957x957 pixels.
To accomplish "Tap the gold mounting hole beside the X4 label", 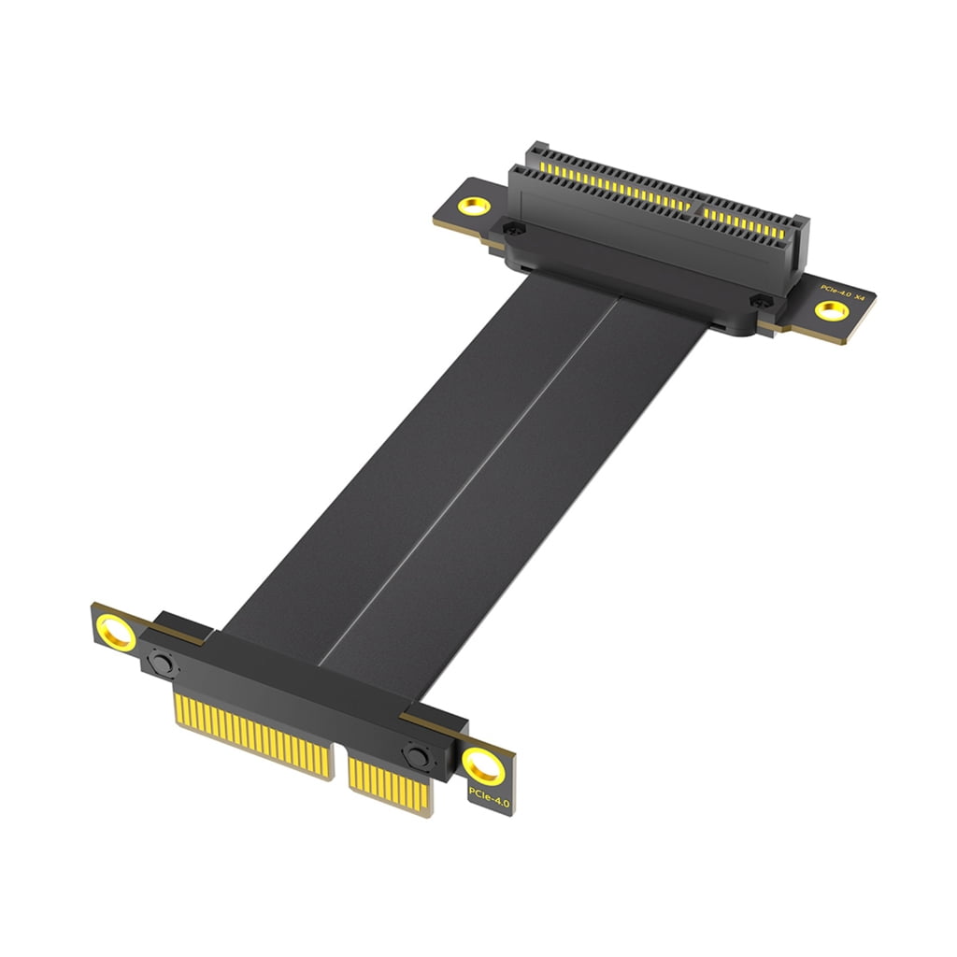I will click(x=827, y=311).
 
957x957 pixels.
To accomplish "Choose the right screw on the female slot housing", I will click(x=761, y=302).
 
